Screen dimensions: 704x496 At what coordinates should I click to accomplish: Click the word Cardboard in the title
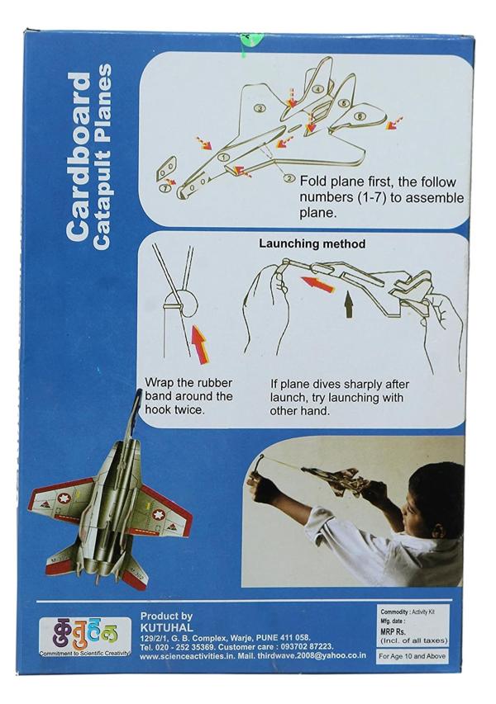(x=79, y=157)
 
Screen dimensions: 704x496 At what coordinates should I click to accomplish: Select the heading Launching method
(x=312, y=243)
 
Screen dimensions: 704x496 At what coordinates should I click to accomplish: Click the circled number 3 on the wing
(x=260, y=108)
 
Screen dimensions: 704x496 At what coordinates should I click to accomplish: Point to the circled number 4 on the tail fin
(x=318, y=89)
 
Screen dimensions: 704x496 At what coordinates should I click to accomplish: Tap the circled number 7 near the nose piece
(x=166, y=188)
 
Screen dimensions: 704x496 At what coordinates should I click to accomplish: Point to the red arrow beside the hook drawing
(x=199, y=343)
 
